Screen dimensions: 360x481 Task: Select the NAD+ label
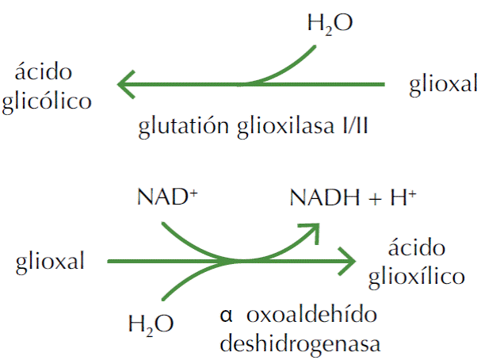[168, 197]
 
